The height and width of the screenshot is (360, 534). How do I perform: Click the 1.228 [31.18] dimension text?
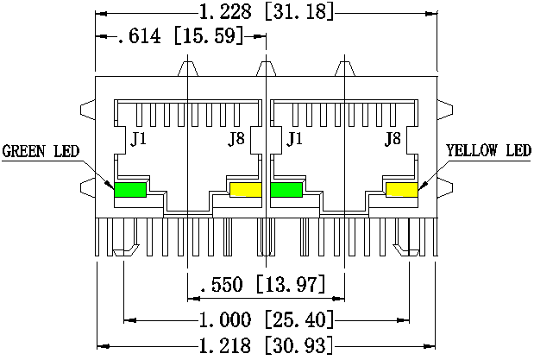tap(267, 12)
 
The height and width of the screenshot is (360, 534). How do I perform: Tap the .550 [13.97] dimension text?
tap(263, 284)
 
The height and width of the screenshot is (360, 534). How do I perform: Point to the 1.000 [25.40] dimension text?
tap(267, 319)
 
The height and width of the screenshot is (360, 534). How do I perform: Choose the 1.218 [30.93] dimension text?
tap(267, 345)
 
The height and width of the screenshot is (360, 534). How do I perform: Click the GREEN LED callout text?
tap(41, 151)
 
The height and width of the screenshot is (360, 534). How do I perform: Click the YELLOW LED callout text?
tap(488, 150)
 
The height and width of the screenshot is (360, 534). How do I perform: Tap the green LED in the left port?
tap(130, 190)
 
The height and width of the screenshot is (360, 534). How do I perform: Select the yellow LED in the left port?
tap(246, 190)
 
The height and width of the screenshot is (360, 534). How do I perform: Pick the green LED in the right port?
tap(286, 190)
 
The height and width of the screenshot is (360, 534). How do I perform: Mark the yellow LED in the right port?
tap(402, 190)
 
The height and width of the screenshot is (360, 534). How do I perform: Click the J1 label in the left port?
tap(139, 139)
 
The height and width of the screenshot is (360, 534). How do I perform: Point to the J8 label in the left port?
tap(236, 139)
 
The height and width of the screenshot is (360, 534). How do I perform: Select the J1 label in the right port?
tap(294, 139)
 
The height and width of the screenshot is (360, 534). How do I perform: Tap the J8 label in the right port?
tap(393, 139)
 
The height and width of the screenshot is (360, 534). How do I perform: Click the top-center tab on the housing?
tap(266, 69)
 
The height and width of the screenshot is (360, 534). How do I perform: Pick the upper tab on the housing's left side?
tap(88, 110)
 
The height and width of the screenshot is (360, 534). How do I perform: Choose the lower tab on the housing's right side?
tap(445, 188)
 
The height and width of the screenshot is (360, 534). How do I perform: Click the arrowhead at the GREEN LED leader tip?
tap(110, 185)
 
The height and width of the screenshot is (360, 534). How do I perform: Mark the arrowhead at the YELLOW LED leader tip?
tap(423, 186)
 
